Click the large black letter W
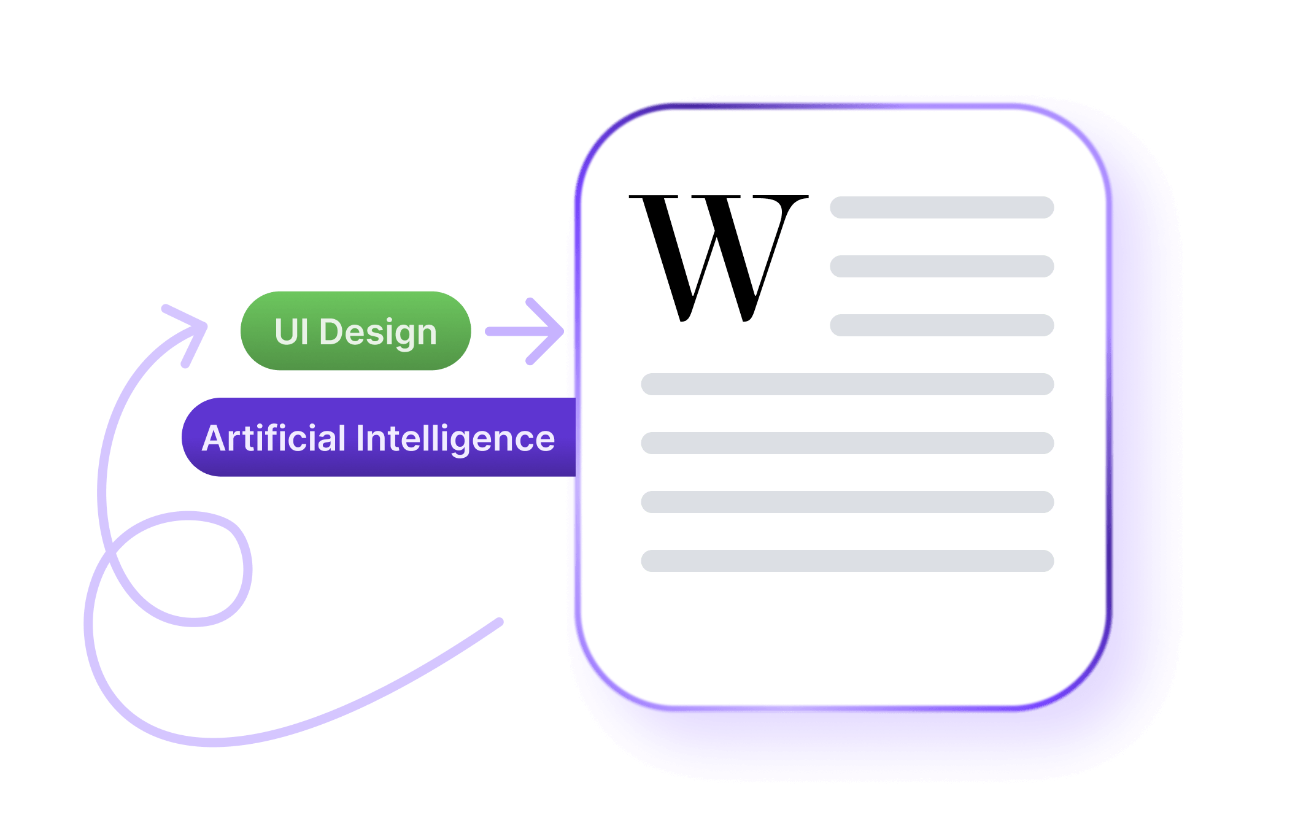(718, 258)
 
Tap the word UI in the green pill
(291, 332)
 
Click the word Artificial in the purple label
(274, 438)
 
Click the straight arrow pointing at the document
(525, 331)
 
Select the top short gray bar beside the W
(941, 207)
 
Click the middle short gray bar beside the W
(941, 266)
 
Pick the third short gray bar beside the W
(941, 325)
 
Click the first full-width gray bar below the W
(847, 384)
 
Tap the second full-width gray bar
(847, 443)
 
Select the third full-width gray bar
(847, 502)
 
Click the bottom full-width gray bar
(847, 561)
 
